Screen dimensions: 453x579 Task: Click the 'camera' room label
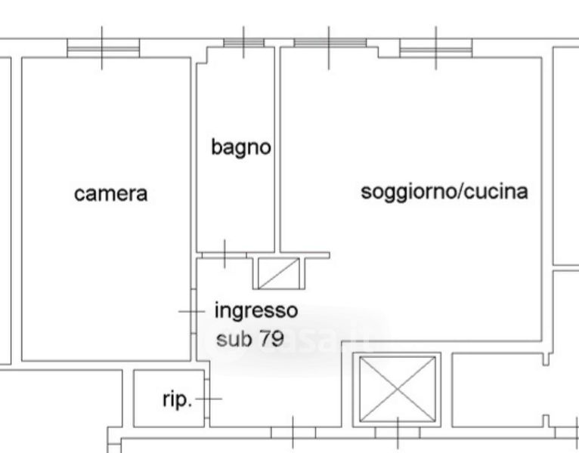pos(110,194)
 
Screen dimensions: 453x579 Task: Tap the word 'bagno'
pos(240,147)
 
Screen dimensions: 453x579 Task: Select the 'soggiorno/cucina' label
pos(444,192)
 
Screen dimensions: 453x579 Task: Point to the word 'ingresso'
pos(256,310)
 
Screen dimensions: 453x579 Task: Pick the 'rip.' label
pos(177,400)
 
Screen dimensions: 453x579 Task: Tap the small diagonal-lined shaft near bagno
pos(277,273)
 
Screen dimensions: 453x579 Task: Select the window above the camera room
pos(103,48)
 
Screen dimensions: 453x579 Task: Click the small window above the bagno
pos(243,43)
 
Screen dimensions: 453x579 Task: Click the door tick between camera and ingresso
pos(192,310)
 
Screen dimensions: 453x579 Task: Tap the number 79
pos(271,338)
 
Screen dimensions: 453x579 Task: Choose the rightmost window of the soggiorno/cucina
pos(436,48)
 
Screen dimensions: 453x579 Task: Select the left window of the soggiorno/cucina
pos(330,43)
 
